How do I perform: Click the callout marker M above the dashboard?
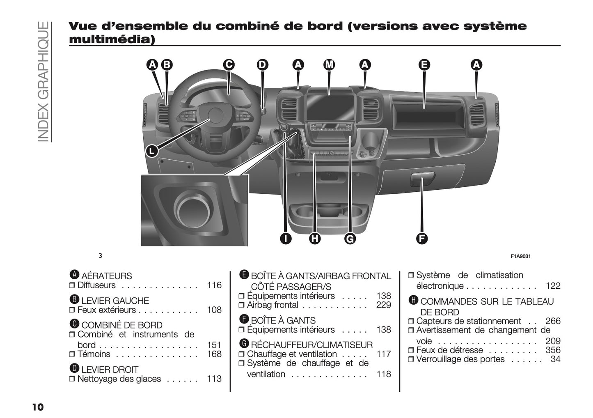coord(329,64)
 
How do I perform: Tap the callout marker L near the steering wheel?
coord(152,151)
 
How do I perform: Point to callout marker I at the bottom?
coord(286,238)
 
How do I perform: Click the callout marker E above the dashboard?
coord(424,64)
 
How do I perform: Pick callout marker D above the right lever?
coord(262,64)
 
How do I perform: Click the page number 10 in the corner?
coord(37,407)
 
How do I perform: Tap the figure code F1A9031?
coord(521,256)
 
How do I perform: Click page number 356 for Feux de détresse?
coord(552,350)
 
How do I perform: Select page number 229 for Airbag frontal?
coord(383,305)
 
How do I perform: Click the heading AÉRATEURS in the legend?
coord(106,276)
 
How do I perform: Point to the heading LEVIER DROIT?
coord(110,370)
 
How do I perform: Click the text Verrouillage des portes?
coord(460,359)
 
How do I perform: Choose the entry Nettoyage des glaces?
coord(119,379)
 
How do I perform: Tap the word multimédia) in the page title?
coord(112,40)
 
